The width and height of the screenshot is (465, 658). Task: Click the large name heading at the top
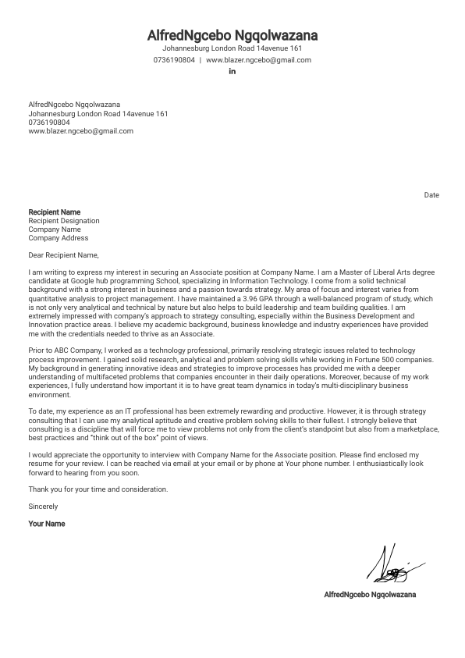[x=232, y=36]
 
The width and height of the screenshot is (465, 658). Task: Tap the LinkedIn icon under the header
[x=232, y=72]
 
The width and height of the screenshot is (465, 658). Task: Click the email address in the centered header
[x=258, y=60]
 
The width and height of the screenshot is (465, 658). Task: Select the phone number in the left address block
[x=48, y=123]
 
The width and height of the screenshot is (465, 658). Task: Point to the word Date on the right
[x=431, y=195]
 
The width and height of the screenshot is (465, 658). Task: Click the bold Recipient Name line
[x=54, y=212]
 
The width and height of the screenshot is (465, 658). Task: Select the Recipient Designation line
[x=63, y=221]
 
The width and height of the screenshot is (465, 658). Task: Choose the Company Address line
[x=58, y=238]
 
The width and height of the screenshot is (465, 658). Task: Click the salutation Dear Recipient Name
[x=64, y=254]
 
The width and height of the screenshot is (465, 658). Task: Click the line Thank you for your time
[x=98, y=489]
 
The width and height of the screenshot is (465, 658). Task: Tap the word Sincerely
[x=43, y=507]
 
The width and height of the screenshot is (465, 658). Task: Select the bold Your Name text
[x=47, y=524]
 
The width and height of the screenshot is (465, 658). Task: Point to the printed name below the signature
[x=370, y=595]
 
